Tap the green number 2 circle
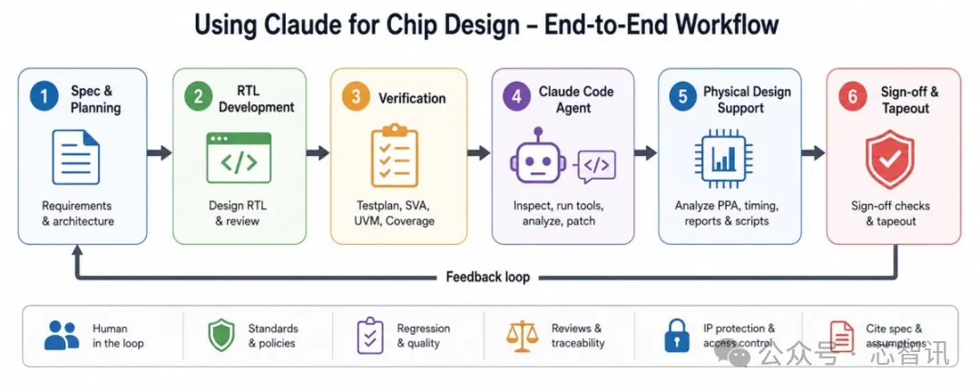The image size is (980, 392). click(199, 97)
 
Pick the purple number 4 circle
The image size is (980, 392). click(517, 97)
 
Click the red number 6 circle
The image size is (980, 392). click(852, 97)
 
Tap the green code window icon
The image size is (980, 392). click(239, 158)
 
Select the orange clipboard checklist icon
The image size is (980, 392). click(395, 156)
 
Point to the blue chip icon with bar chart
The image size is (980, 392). click(725, 157)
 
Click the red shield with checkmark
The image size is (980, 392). click(889, 159)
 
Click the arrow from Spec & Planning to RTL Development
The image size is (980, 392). click(160, 152)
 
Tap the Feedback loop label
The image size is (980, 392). click(487, 277)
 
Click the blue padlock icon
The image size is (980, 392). click(678, 335)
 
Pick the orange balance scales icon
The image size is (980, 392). click(522, 336)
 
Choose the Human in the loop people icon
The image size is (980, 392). click(62, 335)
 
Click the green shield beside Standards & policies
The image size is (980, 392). click(221, 335)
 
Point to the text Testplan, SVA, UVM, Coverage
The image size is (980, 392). click(395, 212)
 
